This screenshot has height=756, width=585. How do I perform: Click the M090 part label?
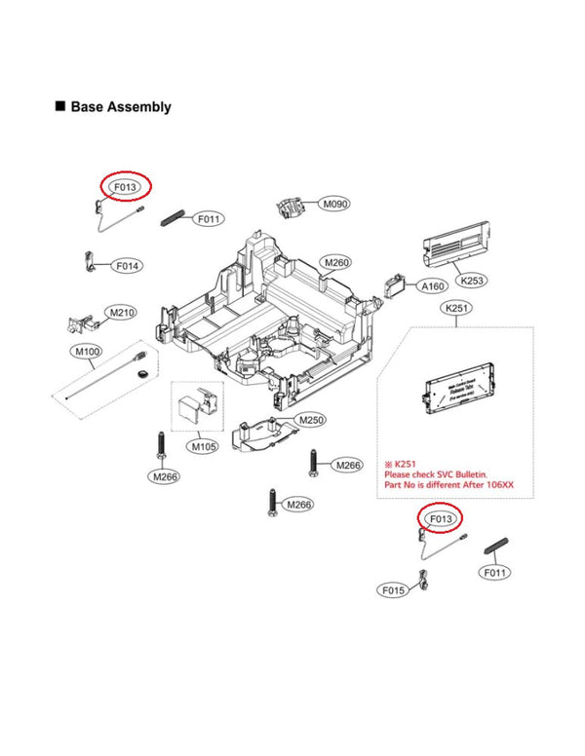click(335, 205)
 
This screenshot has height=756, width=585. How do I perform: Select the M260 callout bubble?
click(335, 262)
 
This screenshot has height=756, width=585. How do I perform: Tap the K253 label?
click(472, 280)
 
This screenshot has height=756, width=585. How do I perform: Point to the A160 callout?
click(432, 286)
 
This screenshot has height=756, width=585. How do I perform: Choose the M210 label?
click(122, 313)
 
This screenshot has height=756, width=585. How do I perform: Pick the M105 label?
click(203, 446)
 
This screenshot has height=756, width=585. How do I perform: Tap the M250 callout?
click(312, 420)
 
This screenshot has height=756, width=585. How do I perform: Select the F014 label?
click(128, 265)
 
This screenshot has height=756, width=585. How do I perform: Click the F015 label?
click(392, 590)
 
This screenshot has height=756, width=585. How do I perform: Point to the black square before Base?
click(60, 106)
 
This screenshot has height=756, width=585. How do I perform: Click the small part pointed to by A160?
click(396, 285)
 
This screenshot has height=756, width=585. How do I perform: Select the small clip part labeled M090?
click(290, 206)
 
